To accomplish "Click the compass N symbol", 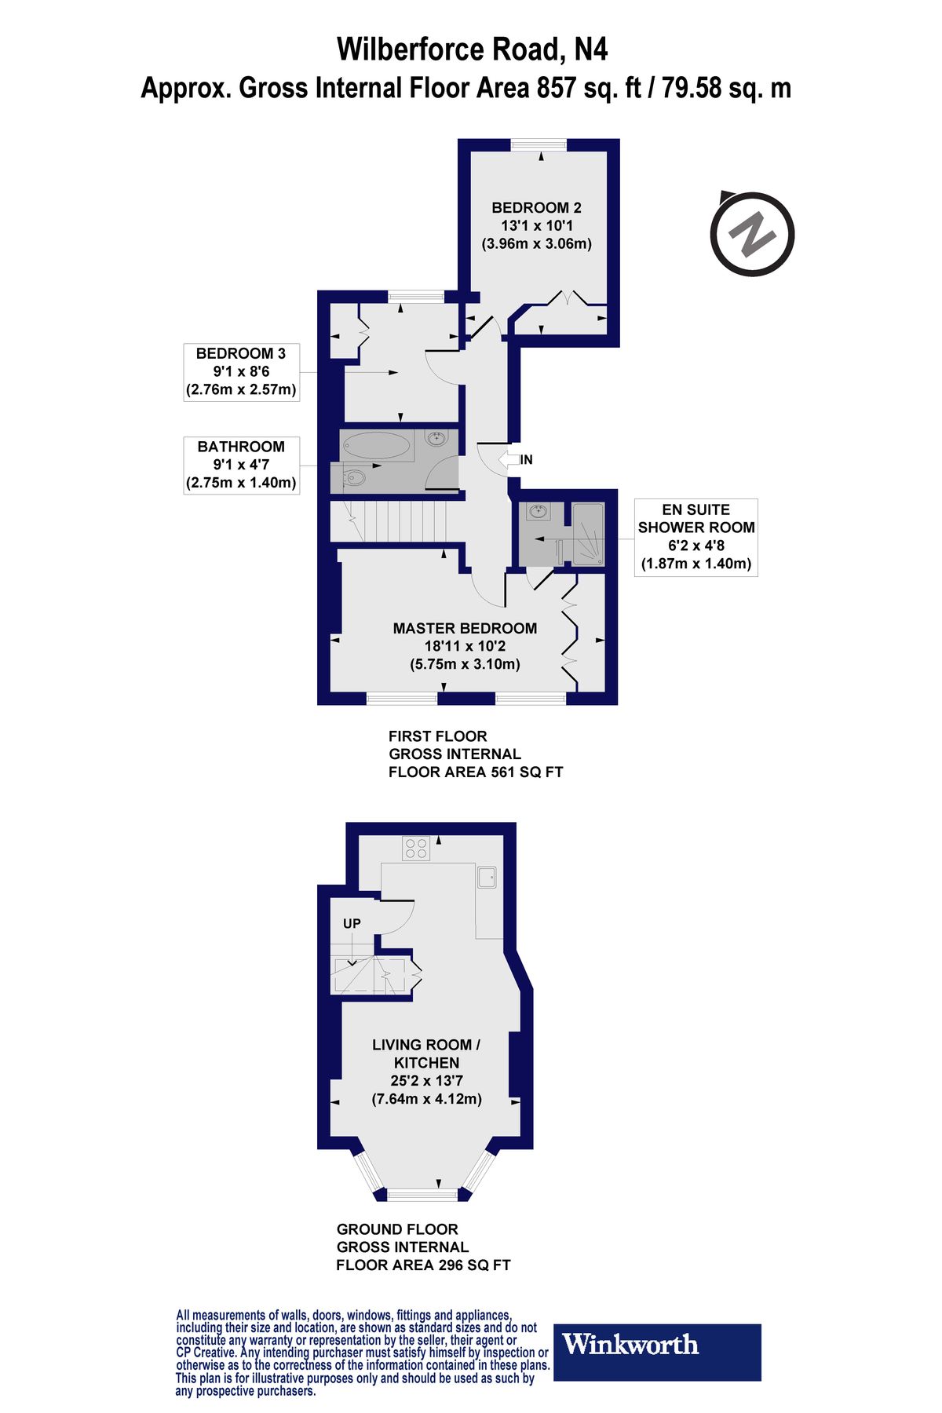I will pyautogui.click(x=752, y=234).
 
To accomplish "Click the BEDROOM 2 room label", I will pyautogui.click(x=536, y=225).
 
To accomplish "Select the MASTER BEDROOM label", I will pyautogui.click(x=465, y=645).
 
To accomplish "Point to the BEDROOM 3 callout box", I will pyautogui.click(x=241, y=371).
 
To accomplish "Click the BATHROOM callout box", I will pyautogui.click(x=241, y=465).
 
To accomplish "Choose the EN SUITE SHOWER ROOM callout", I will pyautogui.click(x=696, y=537).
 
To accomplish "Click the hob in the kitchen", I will pyautogui.click(x=416, y=849).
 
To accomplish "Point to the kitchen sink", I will pyautogui.click(x=487, y=877).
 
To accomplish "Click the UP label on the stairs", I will pyautogui.click(x=352, y=923).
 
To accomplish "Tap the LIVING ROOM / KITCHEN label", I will pyautogui.click(x=426, y=1071).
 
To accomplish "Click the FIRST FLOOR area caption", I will pyautogui.click(x=475, y=754).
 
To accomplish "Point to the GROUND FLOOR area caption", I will pyautogui.click(x=422, y=1247).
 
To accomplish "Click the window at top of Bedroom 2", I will pyautogui.click(x=538, y=144).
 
